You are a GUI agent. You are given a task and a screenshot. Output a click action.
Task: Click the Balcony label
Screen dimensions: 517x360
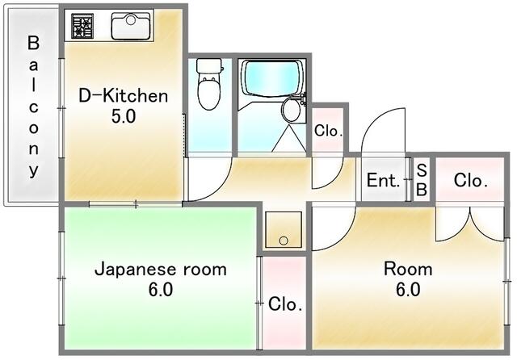click(33, 107)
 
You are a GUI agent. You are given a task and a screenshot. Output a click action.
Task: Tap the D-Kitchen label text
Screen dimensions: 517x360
click(124, 96)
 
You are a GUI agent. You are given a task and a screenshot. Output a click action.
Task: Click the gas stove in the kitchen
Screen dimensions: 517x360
click(82, 26)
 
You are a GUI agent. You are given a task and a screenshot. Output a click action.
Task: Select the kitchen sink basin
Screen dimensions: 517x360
click(131, 26)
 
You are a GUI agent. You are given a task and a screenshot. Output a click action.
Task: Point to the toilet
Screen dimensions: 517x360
click(208, 84)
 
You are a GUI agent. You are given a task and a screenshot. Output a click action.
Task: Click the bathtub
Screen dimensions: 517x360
click(271, 77)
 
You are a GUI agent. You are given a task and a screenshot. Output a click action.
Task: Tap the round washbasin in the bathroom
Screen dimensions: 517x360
click(291, 110)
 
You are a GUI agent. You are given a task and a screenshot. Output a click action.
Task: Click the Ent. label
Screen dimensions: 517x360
click(384, 180)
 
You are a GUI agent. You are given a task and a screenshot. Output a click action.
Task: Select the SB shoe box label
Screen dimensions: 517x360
click(422, 180)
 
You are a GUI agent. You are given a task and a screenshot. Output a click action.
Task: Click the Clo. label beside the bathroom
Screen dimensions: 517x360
click(328, 131)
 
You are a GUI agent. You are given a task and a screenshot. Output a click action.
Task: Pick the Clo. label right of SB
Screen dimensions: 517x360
click(470, 180)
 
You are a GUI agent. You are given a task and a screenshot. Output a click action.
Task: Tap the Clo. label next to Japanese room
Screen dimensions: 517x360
click(285, 304)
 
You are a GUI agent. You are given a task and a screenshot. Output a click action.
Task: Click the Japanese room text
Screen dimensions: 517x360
click(161, 269)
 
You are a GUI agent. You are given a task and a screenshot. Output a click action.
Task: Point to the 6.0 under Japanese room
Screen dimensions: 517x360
click(161, 290)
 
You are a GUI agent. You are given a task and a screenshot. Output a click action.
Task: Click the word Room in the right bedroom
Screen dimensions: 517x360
click(408, 269)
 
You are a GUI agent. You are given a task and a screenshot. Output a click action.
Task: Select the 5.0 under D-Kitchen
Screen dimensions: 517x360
click(124, 116)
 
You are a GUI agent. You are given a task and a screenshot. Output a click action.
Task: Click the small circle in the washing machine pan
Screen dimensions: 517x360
click(284, 241)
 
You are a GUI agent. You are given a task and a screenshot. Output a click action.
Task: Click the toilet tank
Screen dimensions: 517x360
click(208, 66)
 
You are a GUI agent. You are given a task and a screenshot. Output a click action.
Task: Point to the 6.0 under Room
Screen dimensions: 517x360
click(408, 290)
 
